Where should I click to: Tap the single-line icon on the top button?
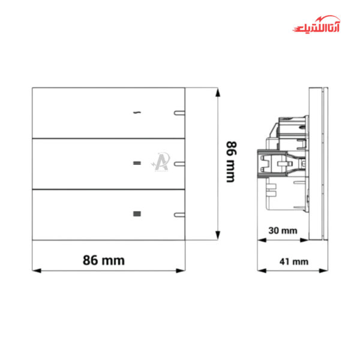(x=138, y=112)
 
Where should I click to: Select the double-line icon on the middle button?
(x=137, y=163)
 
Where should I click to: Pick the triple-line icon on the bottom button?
(x=137, y=213)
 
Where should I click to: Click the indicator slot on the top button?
(x=178, y=112)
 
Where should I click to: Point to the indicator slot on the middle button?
(x=178, y=163)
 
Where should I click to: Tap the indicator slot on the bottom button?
(x=178, y=213)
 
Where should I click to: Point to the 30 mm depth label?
(x=282, y=230)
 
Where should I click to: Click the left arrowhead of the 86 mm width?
(x=35, y=270)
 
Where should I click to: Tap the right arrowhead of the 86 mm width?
(x=182, y=270)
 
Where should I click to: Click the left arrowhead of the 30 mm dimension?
(x=260, y=239)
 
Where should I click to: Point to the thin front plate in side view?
(x=324, y=163)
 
